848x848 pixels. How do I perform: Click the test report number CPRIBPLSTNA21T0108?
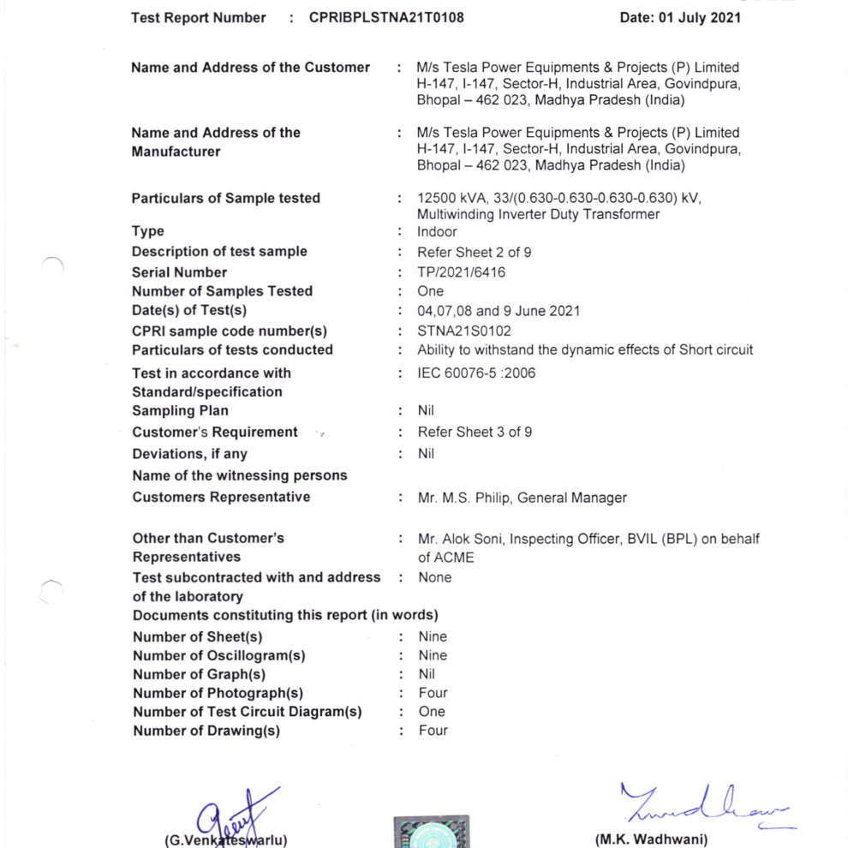coord(387,17)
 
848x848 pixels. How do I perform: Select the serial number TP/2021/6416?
coord(461,272)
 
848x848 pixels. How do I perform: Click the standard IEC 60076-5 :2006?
coord(476,373)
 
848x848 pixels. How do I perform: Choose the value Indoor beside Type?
coord(437,231)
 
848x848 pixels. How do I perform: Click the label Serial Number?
coord(179,272)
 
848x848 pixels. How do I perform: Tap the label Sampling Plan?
coord(180,410)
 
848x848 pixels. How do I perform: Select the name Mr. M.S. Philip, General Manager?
coord(522,498)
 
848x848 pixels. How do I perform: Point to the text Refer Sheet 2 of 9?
coord(474,252)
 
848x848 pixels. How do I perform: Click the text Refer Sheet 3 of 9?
coord(475,432)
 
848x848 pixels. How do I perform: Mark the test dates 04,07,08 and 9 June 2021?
coord(498,311)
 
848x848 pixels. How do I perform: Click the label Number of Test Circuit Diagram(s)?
coord(247,712)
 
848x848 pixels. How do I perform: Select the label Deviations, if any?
coord(189,454)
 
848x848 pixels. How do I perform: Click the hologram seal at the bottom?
coord(431,832)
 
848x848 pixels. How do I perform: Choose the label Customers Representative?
coord(221,497)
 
